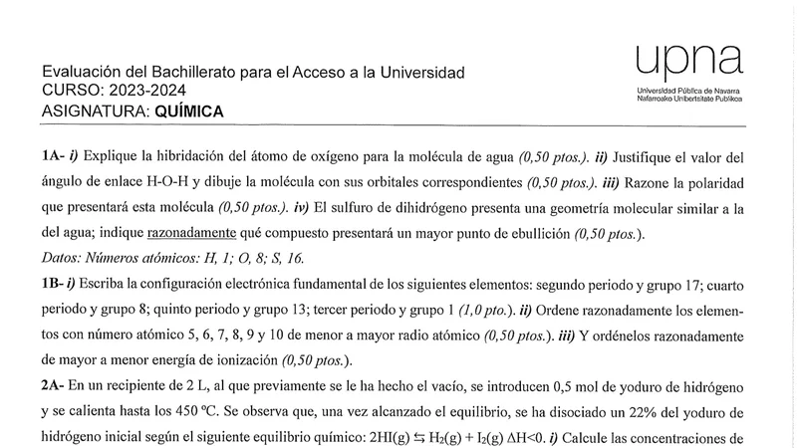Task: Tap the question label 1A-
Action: (56, 157)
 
